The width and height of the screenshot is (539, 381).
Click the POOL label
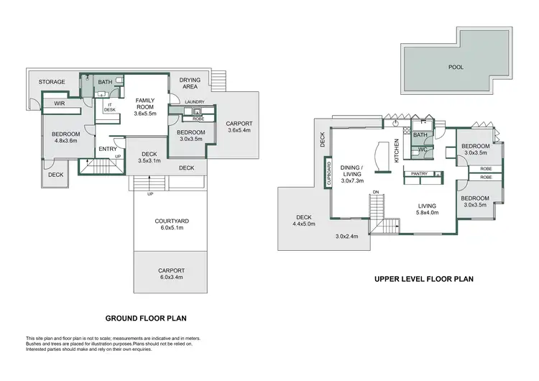(456, 67)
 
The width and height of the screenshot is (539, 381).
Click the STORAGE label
(52, 82)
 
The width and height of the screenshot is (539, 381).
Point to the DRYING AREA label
(190, 83)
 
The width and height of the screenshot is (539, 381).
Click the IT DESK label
(111, 108)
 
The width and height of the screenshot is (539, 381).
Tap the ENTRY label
(108, 149)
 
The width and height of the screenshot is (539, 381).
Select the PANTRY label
(419, 173)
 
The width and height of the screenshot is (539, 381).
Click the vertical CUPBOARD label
(329, 174)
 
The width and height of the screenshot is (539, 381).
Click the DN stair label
(376, 192)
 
